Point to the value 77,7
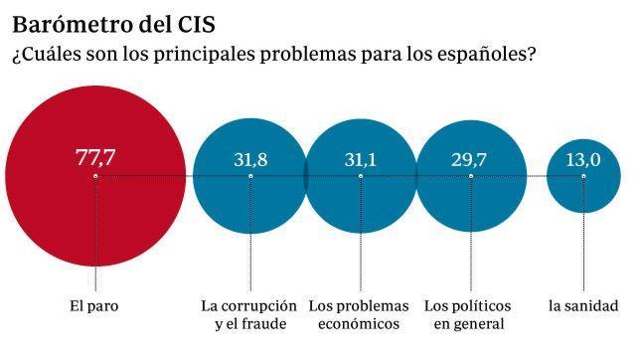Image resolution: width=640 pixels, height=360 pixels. point(95,157)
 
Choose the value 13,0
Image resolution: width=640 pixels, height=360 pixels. point(583,157)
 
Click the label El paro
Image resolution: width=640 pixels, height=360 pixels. point(95,305)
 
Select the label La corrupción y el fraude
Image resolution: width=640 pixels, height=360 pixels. point(248,314)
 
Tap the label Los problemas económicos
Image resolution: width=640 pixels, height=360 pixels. point(360,314)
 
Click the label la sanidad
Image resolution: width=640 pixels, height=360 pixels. point(583,305)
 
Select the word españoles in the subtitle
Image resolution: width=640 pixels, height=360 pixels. point(485,54)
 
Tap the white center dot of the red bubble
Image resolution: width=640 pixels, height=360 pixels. point(95,176)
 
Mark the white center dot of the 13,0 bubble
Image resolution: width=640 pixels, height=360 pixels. point(583,176)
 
